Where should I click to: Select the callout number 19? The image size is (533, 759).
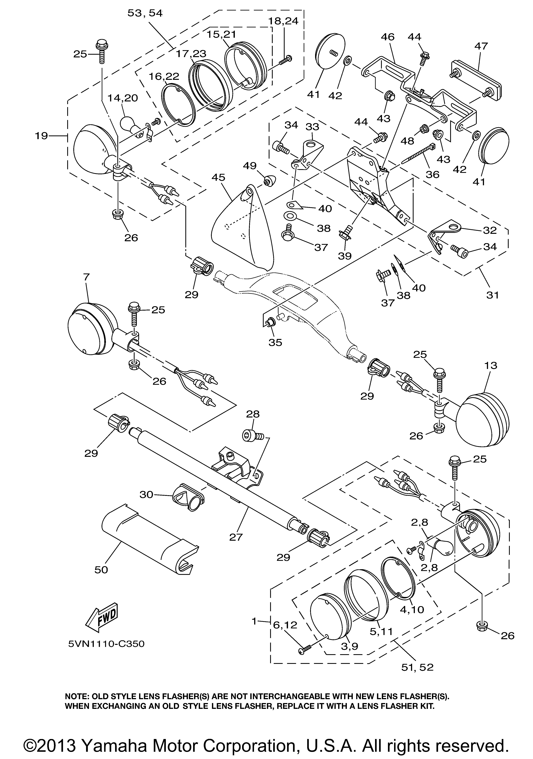(x=42, y=136)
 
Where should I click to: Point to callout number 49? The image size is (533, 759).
(x=250, y=166)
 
